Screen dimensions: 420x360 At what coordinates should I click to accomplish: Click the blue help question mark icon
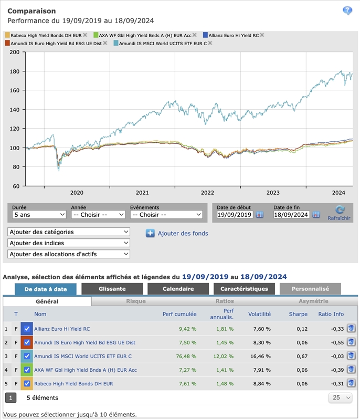tap(347, 11)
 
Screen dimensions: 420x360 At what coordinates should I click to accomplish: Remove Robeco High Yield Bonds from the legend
tap(85, 35)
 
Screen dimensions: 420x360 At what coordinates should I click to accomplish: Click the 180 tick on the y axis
tap(14, 71)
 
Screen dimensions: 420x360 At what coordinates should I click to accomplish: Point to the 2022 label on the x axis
tap(207, 193)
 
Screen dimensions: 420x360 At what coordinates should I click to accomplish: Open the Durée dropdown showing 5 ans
tap(39, 215)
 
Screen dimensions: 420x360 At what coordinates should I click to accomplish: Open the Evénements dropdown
tap(166, 215)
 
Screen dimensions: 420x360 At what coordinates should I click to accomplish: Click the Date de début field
tap(235, 215)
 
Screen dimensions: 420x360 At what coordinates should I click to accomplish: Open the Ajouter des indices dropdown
tap(69, 243)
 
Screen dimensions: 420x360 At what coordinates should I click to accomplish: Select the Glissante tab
tap(112, 289)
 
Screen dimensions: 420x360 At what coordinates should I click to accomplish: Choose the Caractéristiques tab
tap(244, 289)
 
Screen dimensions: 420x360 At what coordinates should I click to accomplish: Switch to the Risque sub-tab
tap(136, 301)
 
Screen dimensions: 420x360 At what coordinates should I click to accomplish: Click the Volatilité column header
tap(259, 314)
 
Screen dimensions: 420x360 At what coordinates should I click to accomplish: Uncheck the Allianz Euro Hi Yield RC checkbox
tap(27, 329)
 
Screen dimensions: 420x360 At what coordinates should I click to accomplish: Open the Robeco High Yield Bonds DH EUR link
tap(73, 383)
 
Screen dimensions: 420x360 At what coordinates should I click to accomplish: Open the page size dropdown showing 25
tap(341, 398)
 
